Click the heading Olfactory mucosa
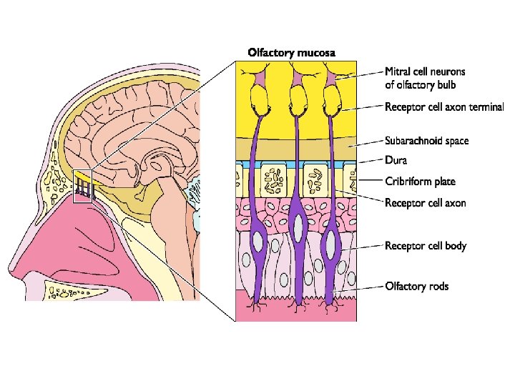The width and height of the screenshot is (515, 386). [291, 52]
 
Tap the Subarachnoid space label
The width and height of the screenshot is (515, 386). [427, 141]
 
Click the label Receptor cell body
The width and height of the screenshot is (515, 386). [426, 246]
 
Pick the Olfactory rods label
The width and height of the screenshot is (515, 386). [417, 287]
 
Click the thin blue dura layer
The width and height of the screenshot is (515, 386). [296, 164]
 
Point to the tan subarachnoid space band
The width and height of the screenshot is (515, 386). [296, 149]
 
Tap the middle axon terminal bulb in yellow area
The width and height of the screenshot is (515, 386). [298, 105]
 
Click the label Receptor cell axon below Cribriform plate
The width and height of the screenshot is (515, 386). [425, 203]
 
